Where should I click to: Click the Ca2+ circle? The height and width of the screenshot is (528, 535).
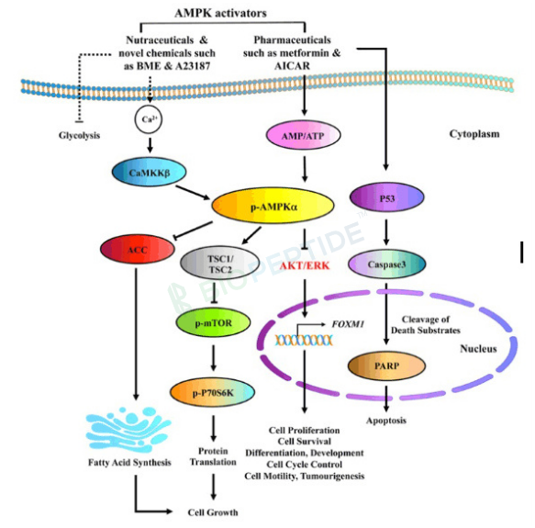(149, 119)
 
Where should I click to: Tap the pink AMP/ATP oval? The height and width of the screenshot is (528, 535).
(304, 136)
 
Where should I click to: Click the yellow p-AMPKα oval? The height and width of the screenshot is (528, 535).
(273, 206)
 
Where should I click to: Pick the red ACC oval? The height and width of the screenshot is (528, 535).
(138, 250)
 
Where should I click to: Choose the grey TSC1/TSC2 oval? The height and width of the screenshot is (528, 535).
(219, 264)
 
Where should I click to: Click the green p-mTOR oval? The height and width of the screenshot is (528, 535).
(213, 322)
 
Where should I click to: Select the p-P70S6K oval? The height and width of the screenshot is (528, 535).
(213, 393)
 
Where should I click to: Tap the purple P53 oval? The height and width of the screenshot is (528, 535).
(387, 197)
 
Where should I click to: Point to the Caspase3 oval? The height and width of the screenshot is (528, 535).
(387, 264)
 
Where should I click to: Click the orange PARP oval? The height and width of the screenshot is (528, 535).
(386, 365)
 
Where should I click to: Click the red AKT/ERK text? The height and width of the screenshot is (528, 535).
(305, 265)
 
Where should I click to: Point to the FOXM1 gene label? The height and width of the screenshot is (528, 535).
(348, 324)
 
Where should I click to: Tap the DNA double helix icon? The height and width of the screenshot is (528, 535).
(304, 340)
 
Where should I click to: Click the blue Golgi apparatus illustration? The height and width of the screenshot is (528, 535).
(128, 429)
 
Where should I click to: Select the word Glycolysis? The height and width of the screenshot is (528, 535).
(79, 135)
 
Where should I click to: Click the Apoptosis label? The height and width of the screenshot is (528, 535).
(386, 420)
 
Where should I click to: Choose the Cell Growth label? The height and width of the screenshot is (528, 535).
(213, 512)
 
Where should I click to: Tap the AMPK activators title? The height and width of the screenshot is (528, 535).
(220, 13)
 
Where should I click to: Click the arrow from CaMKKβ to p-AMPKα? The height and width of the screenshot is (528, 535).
(193, 192)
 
